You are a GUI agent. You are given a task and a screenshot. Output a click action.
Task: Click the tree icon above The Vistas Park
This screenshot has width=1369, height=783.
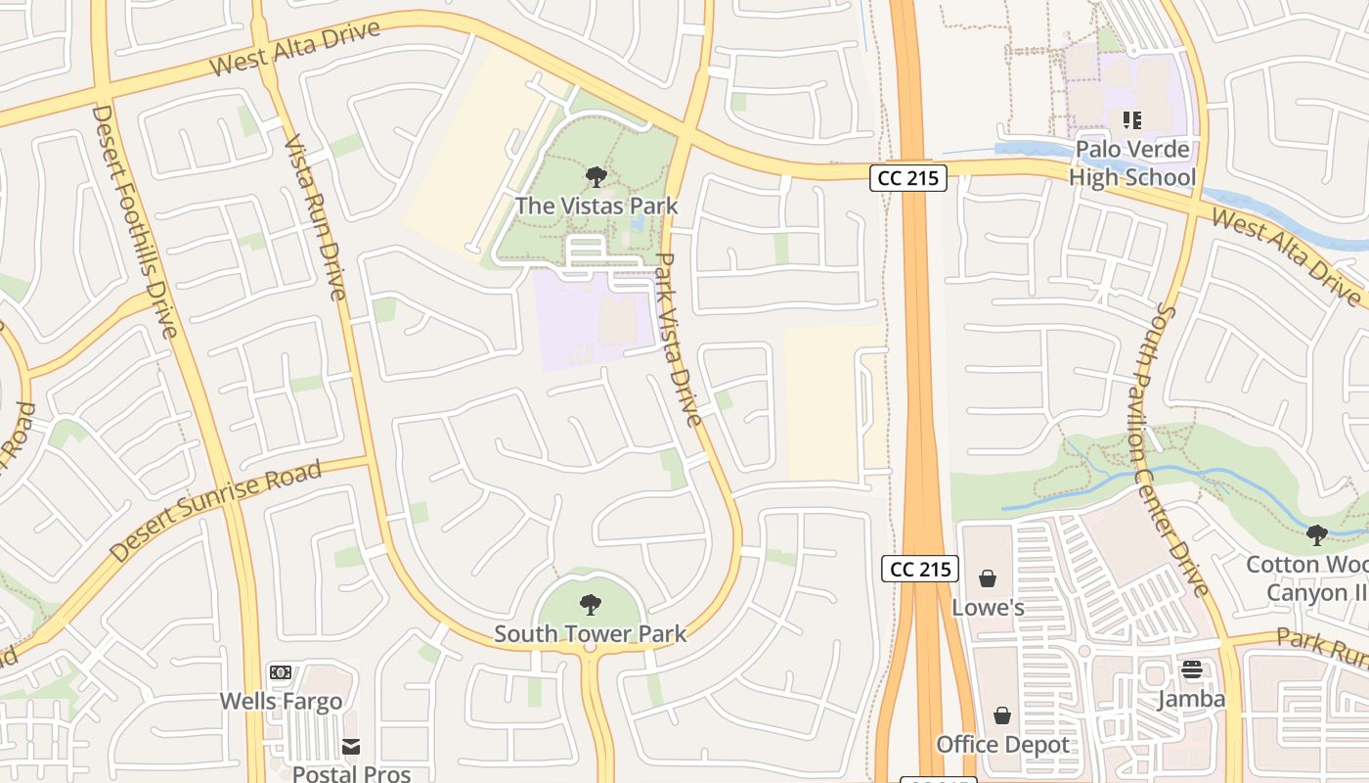tap(596, 177)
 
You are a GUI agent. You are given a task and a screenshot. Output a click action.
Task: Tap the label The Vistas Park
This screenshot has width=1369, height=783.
tap(596, 206)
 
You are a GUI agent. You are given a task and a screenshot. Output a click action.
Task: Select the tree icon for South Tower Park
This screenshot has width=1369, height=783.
tap(590, 604)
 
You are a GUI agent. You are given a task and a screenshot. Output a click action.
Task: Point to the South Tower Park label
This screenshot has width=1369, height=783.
tap(590, 633)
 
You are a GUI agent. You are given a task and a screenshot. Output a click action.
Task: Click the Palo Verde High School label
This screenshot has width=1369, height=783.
tap(1132, 163)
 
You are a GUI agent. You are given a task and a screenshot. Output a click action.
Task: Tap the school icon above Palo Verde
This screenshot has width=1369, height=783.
tap(1132, 120)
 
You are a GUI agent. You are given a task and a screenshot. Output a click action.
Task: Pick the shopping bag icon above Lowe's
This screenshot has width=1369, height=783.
tap(988, 578)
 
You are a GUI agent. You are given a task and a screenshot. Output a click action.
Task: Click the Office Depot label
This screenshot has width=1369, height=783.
tap(1002, 745)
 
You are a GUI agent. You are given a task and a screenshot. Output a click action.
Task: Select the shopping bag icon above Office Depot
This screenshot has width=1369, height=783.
tap(1002, 715)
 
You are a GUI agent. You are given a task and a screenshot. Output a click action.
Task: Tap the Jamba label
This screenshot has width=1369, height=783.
tap(1191, 699)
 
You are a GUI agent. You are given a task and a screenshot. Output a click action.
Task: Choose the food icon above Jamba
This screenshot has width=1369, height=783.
tap(1191, 670)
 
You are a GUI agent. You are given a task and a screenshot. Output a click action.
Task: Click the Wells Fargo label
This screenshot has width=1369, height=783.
tap(281, 701)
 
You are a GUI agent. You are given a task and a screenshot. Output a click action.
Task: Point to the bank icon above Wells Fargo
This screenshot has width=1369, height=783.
tap(281, 672)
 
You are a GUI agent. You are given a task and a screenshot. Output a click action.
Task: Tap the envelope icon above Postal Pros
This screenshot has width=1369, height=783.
tap(351, 747)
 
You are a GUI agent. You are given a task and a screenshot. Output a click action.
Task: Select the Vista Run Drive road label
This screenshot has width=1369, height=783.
tap(315, 216)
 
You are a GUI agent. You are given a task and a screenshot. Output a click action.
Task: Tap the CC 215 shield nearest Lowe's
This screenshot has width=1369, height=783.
tap(920, 569)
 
